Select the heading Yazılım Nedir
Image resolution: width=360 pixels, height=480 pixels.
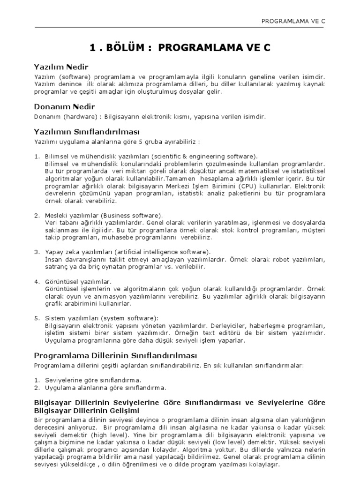[x=61, y=67]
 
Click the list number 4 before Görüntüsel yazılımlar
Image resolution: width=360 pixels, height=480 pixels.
[x=36, y=282]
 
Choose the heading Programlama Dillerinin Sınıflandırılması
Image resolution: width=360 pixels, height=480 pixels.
[x=116, y=355]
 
